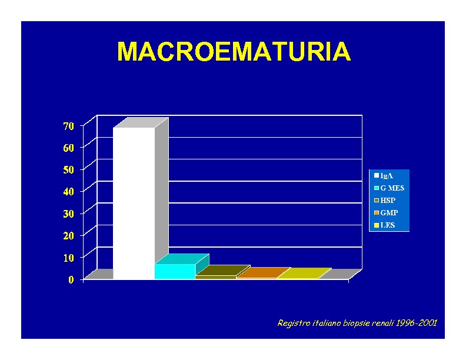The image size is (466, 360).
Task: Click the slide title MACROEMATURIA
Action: point(234,51)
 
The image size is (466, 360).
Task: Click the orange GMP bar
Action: point(263,273)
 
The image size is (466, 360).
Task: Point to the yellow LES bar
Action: point(304,274)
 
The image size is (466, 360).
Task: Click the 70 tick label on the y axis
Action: point(69,126)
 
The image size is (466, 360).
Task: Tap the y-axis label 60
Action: point(69,148)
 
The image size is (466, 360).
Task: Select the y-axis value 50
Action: point(69,169)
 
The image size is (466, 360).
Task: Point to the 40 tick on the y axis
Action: point(69,192)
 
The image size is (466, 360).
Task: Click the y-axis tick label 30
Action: point(69,214)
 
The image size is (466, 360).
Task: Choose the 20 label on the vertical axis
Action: point(69,235)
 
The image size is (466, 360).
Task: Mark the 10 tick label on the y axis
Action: point(69,258)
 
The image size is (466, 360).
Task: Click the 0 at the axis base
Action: point(71,279)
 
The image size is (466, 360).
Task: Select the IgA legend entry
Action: point(384,175)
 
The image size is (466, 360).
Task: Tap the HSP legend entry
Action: point(385,201)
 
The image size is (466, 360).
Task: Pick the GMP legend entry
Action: point(386,213)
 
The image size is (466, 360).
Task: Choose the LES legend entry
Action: point(385,225)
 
